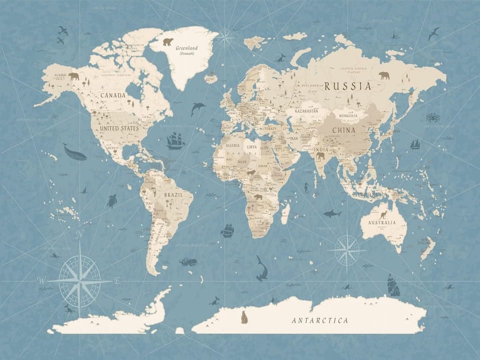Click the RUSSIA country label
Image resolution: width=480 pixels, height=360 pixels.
[x=348, y=86]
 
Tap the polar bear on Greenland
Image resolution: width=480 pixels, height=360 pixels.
[x=167, y=42]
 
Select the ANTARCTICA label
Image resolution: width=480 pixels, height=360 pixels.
[x=320, y=320]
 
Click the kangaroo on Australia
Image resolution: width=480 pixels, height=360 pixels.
[x=383, y=215]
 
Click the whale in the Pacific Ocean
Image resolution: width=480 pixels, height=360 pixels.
[x=74, y=152]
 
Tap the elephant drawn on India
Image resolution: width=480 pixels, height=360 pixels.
[x=320, y=156]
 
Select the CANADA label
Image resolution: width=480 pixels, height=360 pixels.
[x=113, y=95]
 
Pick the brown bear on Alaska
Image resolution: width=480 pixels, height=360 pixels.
[x=74, y=76]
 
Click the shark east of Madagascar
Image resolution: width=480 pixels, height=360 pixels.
[x=331, y=213]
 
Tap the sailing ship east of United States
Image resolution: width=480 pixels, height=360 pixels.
[x=175, y=141]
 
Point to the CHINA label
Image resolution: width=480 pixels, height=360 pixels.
[x=343, y=130]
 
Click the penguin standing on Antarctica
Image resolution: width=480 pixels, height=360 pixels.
[x=244, y=317]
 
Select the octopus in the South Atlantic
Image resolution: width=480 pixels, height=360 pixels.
[x=188, y=261]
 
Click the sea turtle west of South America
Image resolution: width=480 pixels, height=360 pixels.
[x=111, y=201]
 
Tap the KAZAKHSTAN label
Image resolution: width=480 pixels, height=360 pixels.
[x=306, y=110]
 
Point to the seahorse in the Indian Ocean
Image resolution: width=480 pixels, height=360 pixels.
[x=306, y=188]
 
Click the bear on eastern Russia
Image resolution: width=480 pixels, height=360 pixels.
[x=384, y=75]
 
